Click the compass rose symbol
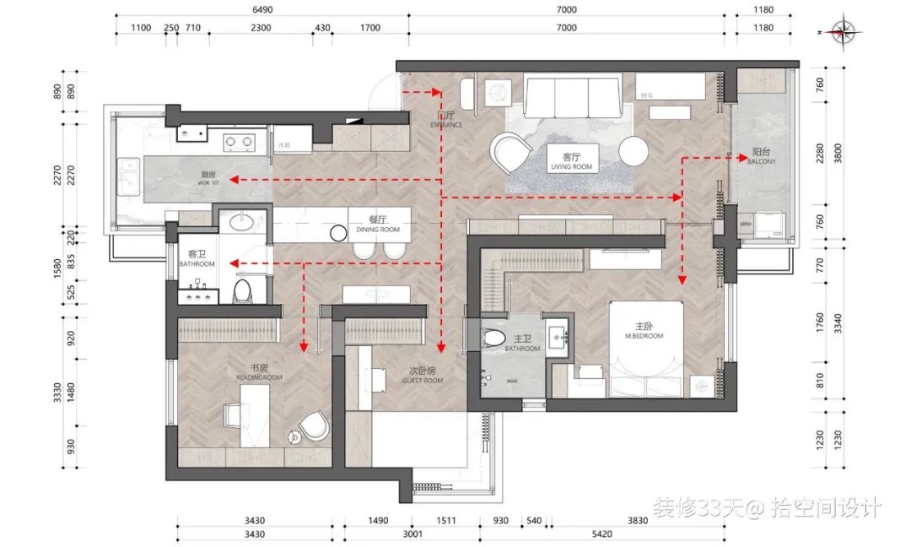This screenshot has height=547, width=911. tap(842, 31)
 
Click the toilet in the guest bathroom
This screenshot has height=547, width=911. tap(243, 292)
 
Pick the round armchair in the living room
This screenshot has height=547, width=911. tap(511, 154)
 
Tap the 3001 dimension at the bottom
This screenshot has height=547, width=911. tap(412, 533)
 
